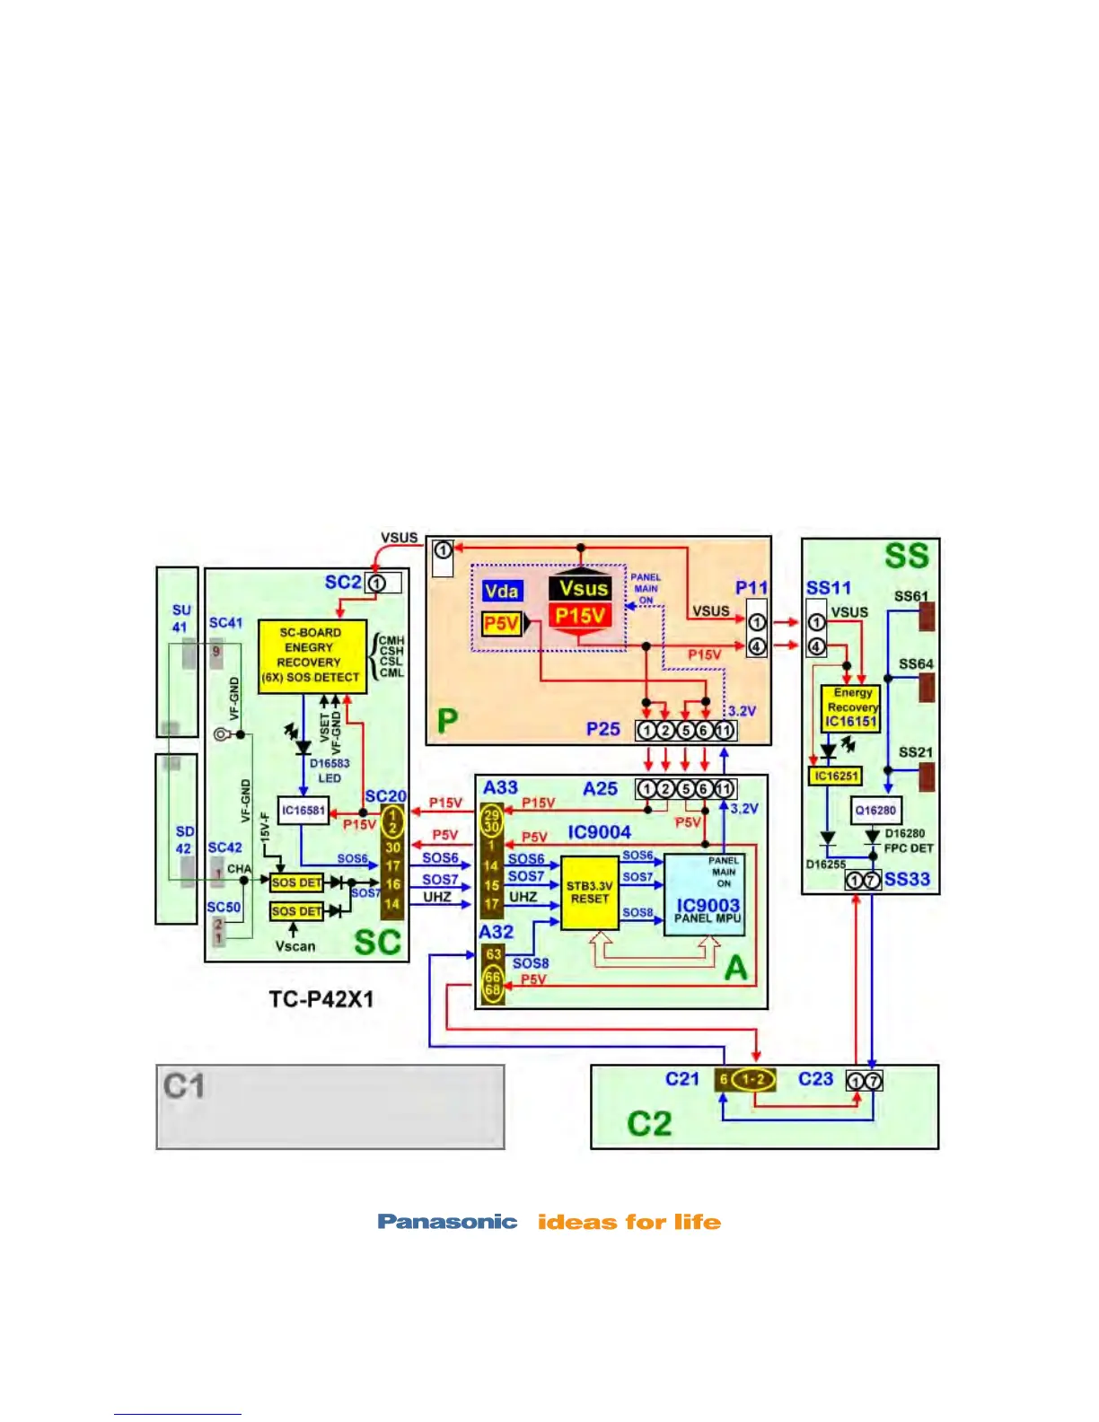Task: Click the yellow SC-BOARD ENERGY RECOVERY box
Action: [312, 655]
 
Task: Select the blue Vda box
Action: [501, 591]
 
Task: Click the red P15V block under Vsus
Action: [580, 616]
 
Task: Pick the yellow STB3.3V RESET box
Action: [589, 892]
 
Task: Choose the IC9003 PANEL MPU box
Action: [708, 898]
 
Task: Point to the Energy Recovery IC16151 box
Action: [850, 707]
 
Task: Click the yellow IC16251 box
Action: [835, 776]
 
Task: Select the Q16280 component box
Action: [875, 810]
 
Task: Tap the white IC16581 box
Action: [303, 810]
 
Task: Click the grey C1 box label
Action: [184, 1086]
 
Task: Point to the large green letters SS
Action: [906, 557]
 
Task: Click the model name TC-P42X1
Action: [321, 999]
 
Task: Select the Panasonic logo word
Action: [447, 1222]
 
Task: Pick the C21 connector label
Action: [682, 1079]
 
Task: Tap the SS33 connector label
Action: [907, 879]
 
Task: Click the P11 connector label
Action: [751, 588]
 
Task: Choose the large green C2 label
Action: [648, 1124]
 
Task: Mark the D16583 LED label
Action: [330, 770]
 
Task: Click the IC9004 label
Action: [599, 832]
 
